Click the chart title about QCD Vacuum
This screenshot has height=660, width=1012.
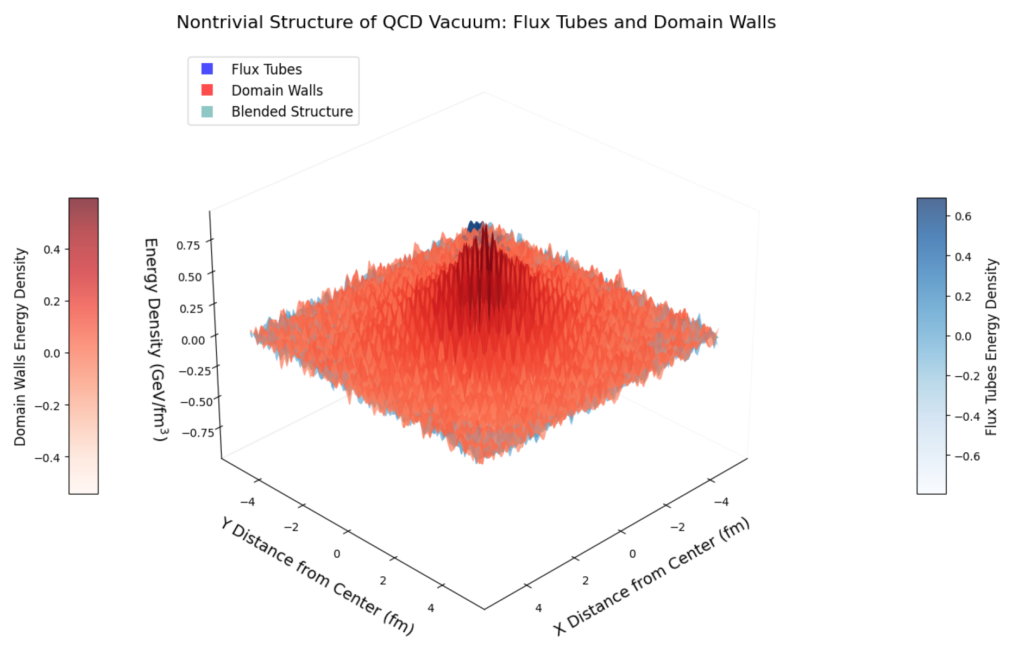(x=476, y=22)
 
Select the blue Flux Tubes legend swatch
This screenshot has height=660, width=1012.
(x=207, y=69)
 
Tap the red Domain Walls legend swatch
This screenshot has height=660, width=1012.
(x=207, y=90)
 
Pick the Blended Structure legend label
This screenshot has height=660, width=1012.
(x=292, y=111)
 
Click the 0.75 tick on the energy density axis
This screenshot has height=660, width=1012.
(x=188, y=245)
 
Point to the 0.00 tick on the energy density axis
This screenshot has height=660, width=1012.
(x=193, y=340)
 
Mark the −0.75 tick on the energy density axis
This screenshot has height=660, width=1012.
(x=198, y=433)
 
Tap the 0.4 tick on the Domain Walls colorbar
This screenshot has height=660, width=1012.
(x=52, y=250)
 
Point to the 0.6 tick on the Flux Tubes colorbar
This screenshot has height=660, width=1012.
(x=963, y=216)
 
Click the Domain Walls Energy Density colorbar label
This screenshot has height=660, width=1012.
(x=20, y=347)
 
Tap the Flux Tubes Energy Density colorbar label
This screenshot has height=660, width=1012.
(x=991, y=347)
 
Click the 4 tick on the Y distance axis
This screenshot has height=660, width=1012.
(x=431, y=608)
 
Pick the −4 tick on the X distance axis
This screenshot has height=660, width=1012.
(x=721, y=502)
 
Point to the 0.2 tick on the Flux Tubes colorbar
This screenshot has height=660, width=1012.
(x=963, y=296)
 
